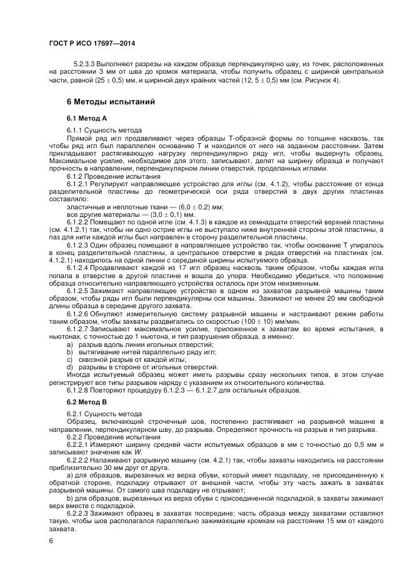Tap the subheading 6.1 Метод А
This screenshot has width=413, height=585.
[x=87, y=118]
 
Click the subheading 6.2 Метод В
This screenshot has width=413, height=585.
[x=87, y=402]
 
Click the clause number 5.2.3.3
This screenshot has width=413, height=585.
[x=85, y=64]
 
